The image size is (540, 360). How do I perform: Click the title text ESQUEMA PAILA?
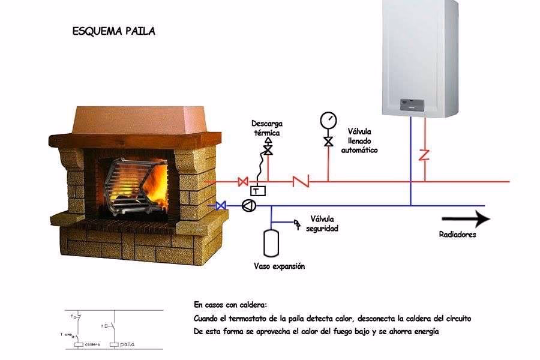point(113,31)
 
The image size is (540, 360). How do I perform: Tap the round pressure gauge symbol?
point(328,120)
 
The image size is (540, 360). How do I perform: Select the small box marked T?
point(258,191)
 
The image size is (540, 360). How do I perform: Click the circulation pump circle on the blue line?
point(247,205)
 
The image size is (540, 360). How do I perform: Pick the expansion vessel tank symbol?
point(271,242)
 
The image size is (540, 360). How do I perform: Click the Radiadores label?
point(458,235)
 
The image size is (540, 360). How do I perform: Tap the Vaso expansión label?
point(279,266)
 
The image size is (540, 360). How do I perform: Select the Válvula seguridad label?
point(323,224)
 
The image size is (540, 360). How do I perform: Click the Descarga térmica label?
point(266,128)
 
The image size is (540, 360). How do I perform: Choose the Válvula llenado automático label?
point(359,140)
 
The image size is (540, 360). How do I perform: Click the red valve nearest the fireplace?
point(243,181)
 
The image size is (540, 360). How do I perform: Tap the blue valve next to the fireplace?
point(220,205)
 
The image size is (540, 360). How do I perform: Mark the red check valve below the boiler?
point(425,155)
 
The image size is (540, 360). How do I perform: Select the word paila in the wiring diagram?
point(127,345)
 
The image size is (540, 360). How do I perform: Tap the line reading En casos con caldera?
point(231,305)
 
